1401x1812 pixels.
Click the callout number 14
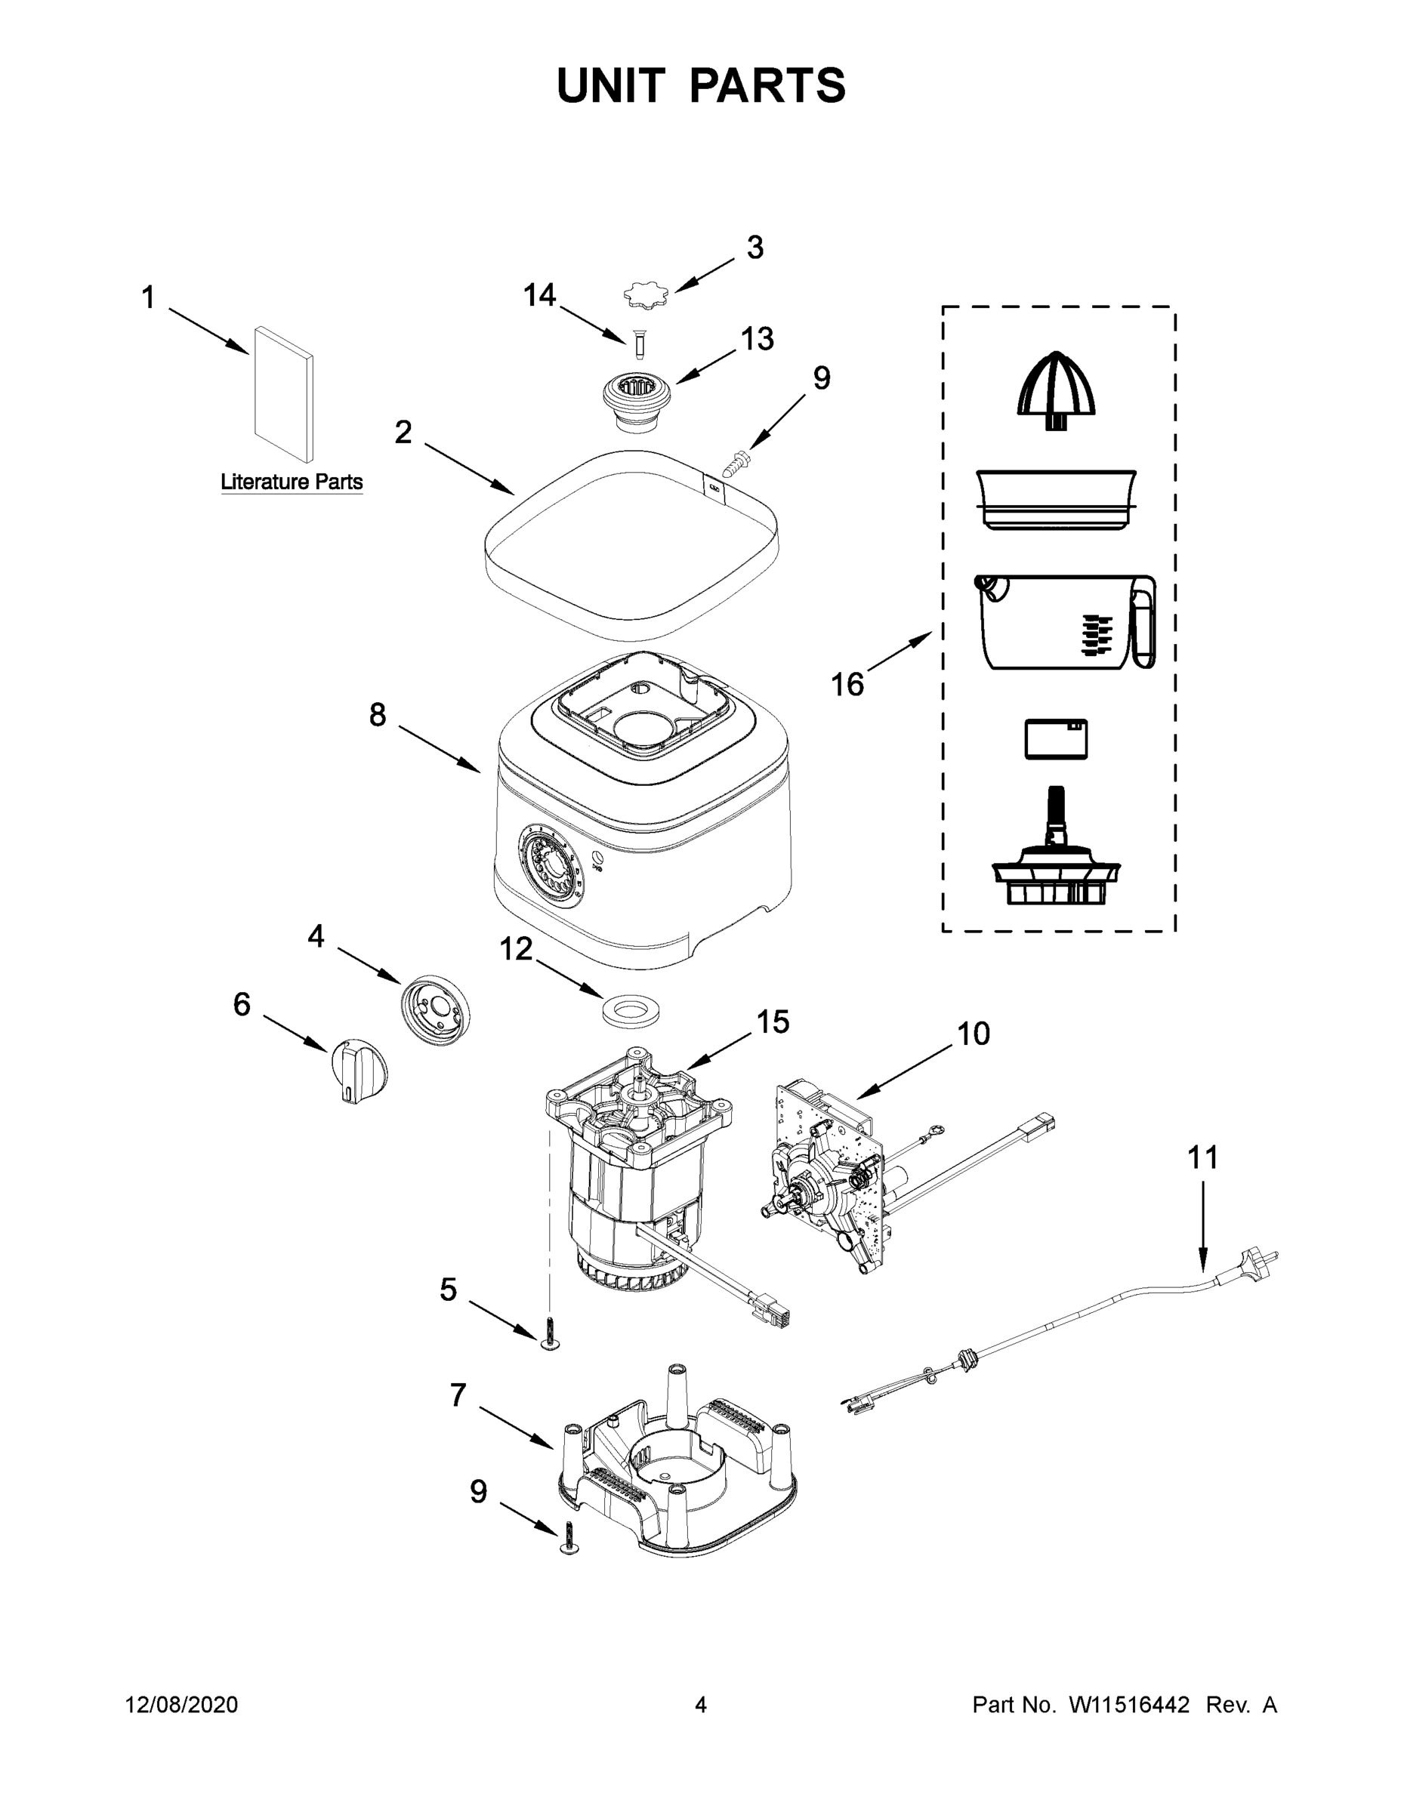(x=538, y=295)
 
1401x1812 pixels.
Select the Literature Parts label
(x=292, y=482)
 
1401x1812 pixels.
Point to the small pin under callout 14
(x=639, y=344)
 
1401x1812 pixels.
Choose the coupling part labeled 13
(x=637, y=402)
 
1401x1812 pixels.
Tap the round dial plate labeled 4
(x=435, y=1009)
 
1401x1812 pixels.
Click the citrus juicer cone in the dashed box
(x=1057, y=393)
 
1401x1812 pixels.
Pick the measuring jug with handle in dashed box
(x=1065, y=621)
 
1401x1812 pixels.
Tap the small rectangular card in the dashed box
(x=1056, y=738)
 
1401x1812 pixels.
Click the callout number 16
(x=847, y=686)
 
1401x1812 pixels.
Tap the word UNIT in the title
(x=611, y=85)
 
